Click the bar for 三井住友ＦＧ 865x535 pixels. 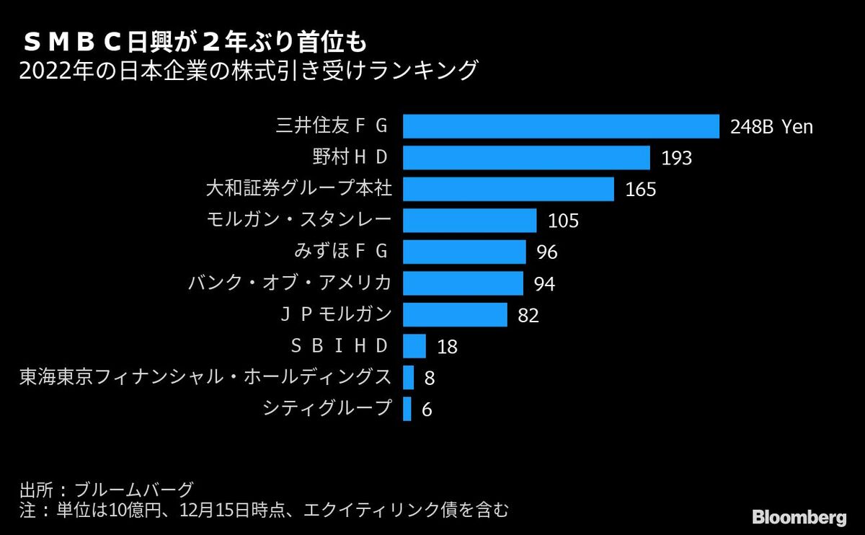click(561, 126)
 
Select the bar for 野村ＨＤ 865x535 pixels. click(526, 158)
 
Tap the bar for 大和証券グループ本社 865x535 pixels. click(508, 189)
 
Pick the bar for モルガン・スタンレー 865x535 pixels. click(469, 221)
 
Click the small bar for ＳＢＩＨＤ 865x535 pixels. click(414, 346)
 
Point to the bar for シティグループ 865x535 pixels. click(407, 409)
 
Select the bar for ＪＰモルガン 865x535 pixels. click(455, 314)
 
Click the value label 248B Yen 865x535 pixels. click(771, 127)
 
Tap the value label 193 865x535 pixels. click(676, 158)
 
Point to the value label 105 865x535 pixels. click(563, 221)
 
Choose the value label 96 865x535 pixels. click(547, 252)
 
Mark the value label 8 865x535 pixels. click(429, 378)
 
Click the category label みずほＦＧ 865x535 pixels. click(342, 252)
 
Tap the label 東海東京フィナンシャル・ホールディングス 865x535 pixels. click(205, 377)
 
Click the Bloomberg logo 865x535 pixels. click(799, 517)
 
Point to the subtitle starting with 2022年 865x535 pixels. click(249, 71)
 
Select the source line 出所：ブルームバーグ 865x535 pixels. click(106, 490)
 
